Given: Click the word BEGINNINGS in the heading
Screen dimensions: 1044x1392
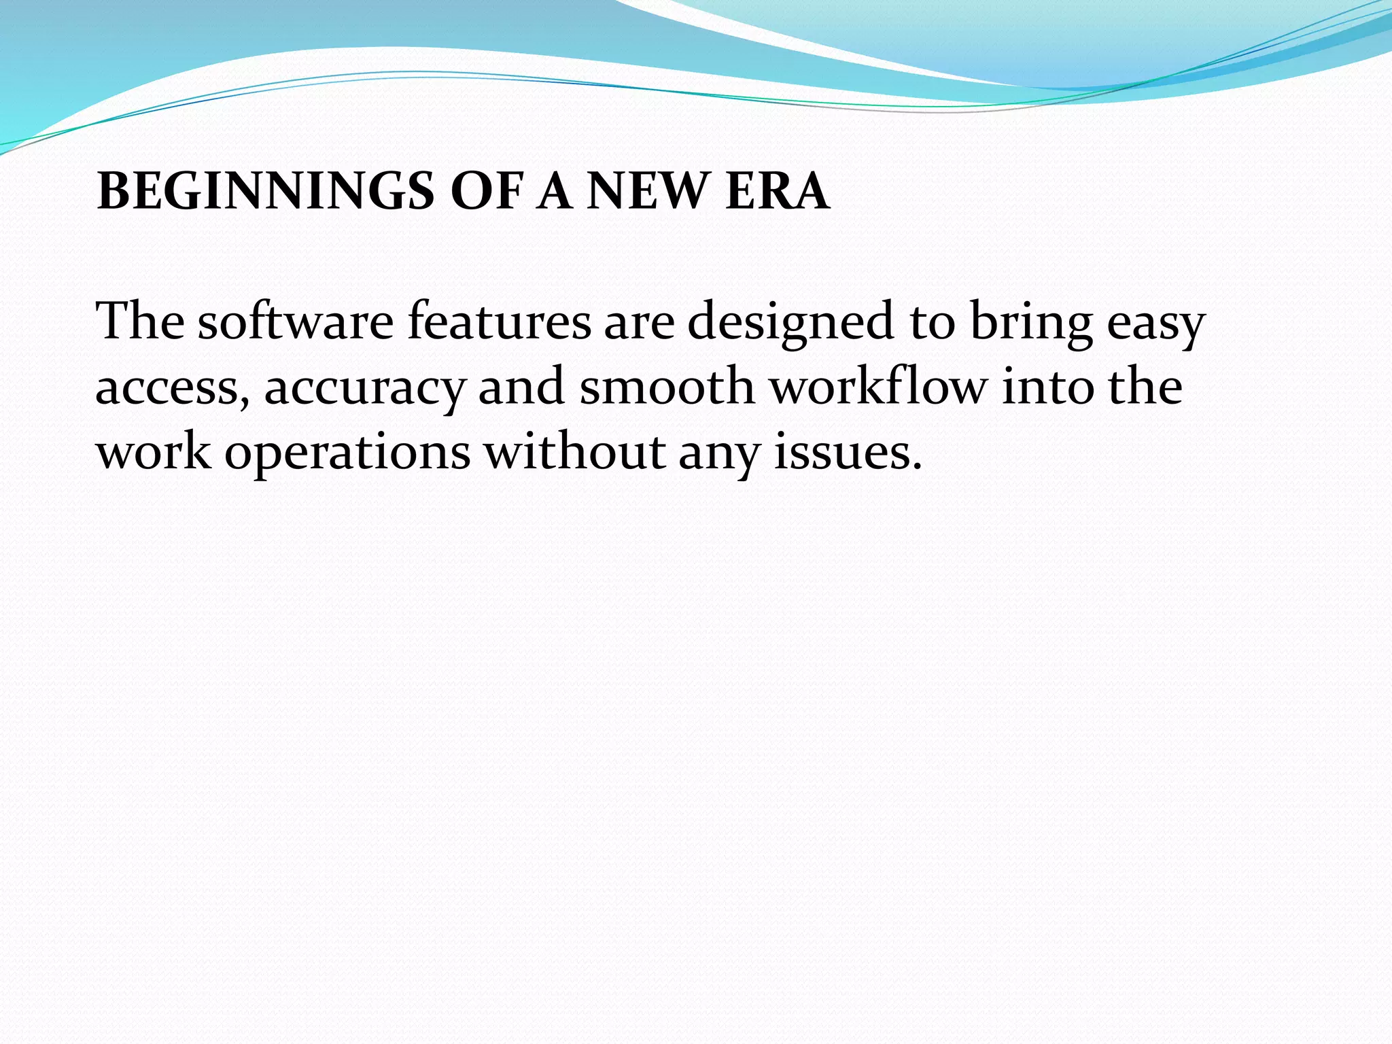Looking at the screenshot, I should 266,192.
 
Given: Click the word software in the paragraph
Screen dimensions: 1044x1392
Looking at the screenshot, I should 296,321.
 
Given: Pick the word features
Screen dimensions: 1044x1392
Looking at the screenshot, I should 500,321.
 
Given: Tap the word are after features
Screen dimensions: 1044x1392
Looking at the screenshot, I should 639,322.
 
